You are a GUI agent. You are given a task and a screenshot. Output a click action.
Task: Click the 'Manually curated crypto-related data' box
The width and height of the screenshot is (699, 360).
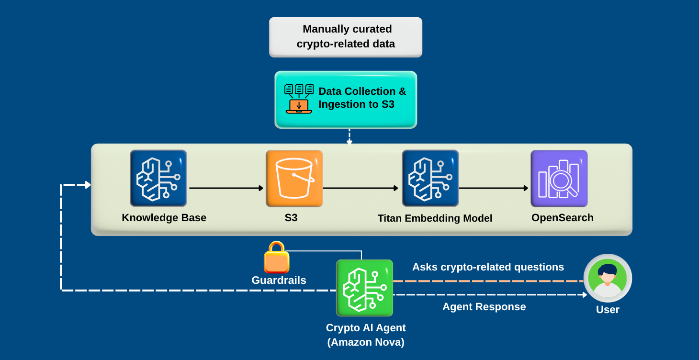pos(346,37)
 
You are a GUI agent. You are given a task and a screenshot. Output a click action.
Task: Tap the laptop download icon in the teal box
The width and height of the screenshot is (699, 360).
pos(299,99)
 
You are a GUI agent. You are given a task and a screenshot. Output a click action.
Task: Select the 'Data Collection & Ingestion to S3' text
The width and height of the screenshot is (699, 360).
pos(362,98)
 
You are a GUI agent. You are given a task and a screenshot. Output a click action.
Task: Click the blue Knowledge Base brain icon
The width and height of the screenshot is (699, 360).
pos(158,178)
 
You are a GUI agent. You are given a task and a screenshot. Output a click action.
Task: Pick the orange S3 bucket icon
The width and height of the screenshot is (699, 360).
pos(294,178)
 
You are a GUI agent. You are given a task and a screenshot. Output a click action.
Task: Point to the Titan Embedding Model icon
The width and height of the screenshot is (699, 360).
pos(430,178)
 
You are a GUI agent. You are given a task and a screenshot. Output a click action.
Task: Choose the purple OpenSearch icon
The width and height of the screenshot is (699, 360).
pos(559,178)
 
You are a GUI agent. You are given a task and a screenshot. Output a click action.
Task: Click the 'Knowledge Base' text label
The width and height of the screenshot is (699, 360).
pos(164,218)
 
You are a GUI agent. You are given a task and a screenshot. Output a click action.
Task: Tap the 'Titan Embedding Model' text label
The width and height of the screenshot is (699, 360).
pos(435,218)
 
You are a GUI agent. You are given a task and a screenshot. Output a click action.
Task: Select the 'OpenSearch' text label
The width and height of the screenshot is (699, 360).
pos(562,218)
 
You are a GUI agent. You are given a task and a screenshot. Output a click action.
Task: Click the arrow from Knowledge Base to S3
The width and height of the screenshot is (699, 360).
pos(226,188)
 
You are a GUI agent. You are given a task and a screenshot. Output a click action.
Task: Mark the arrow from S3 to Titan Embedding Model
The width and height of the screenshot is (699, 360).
pos(361,188)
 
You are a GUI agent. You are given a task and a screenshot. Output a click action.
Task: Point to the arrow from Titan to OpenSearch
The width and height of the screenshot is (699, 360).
pos(494,188)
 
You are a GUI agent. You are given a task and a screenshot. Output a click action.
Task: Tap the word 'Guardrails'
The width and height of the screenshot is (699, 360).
pos(279,281)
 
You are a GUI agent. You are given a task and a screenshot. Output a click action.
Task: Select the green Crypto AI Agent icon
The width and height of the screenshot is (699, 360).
pos(364,288)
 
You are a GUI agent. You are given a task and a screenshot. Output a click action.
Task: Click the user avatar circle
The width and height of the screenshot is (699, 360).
pos(608,278)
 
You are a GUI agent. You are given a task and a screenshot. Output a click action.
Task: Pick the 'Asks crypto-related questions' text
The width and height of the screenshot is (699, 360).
pos(488,267)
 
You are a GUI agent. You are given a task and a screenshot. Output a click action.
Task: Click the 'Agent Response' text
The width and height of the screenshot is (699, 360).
pos(484,307)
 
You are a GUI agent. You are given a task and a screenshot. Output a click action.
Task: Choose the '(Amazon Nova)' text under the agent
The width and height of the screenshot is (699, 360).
pos(366,342)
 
